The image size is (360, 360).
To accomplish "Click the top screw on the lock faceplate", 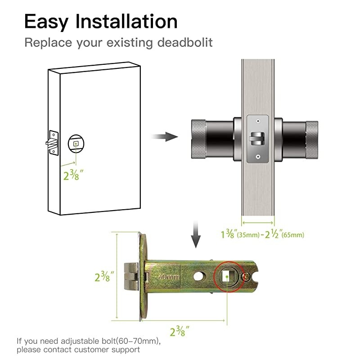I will pos(257,121).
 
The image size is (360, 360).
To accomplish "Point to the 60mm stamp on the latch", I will pos(168,277).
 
